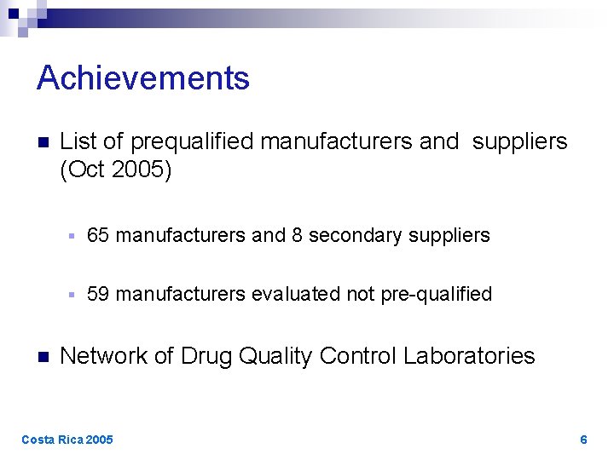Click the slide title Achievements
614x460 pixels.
click(x=143, y=78)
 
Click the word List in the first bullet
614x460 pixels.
click(x=77, y=141)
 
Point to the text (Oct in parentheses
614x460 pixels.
click(x=84, y=170)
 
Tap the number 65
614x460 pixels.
click(x=98, y=235)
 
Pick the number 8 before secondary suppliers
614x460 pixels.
click(x=297, y=235)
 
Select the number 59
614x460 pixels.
click(x=98, y=294)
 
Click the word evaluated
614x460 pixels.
click(x=297, y=294)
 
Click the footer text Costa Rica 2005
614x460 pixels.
click(x=67, y=440)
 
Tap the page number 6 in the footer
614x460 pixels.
click(x=583, y=440)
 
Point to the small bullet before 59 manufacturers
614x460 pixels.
click(x=73, y=295)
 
